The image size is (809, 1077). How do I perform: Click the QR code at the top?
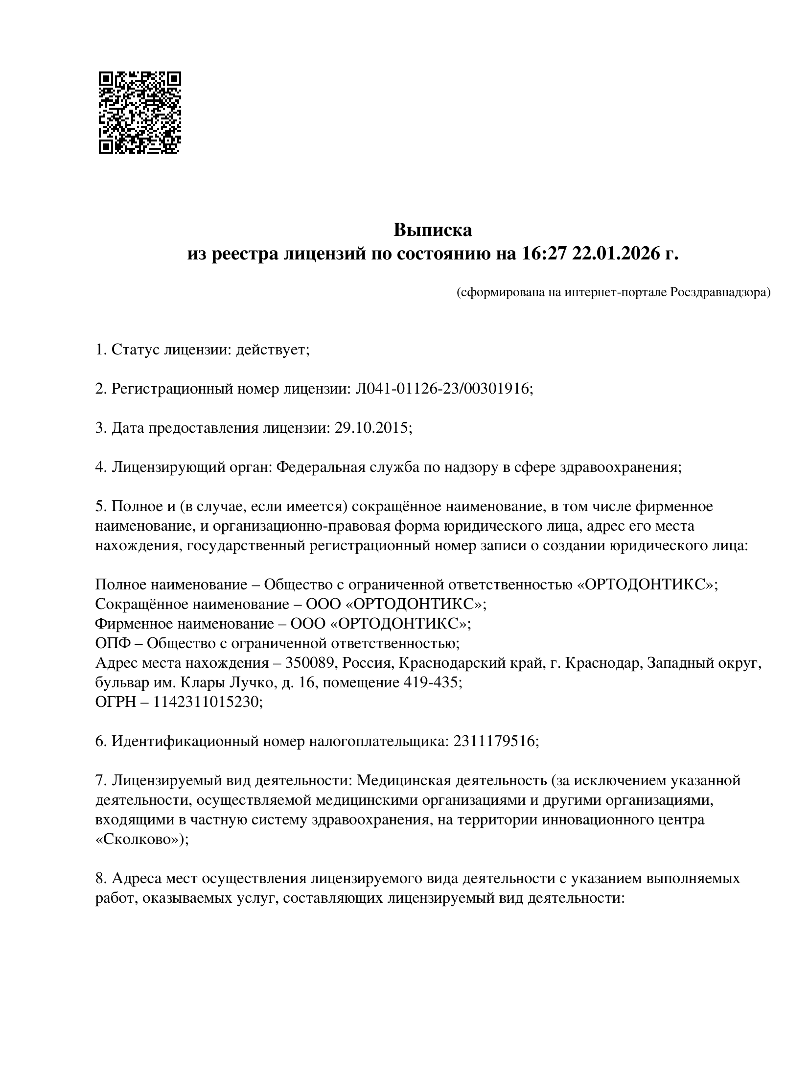[x=139, y=113]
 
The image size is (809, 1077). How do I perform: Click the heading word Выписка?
[x=433, y=230]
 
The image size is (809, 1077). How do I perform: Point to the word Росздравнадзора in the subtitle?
[x=719, y=293]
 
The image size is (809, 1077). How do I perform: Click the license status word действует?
[x=272, y=350]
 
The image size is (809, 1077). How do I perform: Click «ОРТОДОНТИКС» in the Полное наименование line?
[x=647, y=585]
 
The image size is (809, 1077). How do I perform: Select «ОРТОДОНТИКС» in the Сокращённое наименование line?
[x=416, y=604]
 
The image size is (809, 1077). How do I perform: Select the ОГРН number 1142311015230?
[x=206, y=702]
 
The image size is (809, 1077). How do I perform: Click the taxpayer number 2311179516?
[x=494, y=741]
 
